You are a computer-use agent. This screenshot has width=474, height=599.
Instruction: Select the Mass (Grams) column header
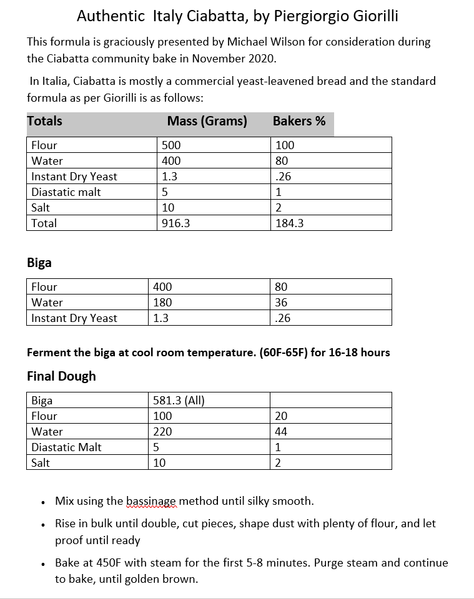coord(207,121)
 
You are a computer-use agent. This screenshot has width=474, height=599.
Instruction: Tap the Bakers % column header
coord(299,121)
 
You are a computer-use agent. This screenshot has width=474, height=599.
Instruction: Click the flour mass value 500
coord(171,145)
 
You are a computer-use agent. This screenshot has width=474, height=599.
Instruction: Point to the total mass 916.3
coord(175,223)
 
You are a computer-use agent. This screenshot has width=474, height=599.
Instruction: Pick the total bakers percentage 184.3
coord(289,223)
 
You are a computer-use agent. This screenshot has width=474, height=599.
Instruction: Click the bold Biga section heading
coord(39,263)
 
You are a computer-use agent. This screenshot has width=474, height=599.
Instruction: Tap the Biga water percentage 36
coord(281,303)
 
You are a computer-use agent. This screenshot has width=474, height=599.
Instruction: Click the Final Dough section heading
coord(61,376)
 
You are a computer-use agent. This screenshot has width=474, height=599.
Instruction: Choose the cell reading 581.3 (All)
coord(179,401)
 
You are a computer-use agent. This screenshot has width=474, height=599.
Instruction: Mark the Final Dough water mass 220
coord(162,432)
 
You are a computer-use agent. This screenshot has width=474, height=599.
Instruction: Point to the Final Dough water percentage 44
coord(281,432)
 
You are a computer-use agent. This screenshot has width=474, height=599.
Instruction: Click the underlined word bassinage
coord(152,501)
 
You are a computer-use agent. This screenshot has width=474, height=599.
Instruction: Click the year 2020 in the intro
coord(262,59)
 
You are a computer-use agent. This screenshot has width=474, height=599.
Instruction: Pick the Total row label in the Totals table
coord(44,223)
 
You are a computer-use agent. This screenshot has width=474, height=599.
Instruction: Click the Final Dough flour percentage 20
coord(281,416)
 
